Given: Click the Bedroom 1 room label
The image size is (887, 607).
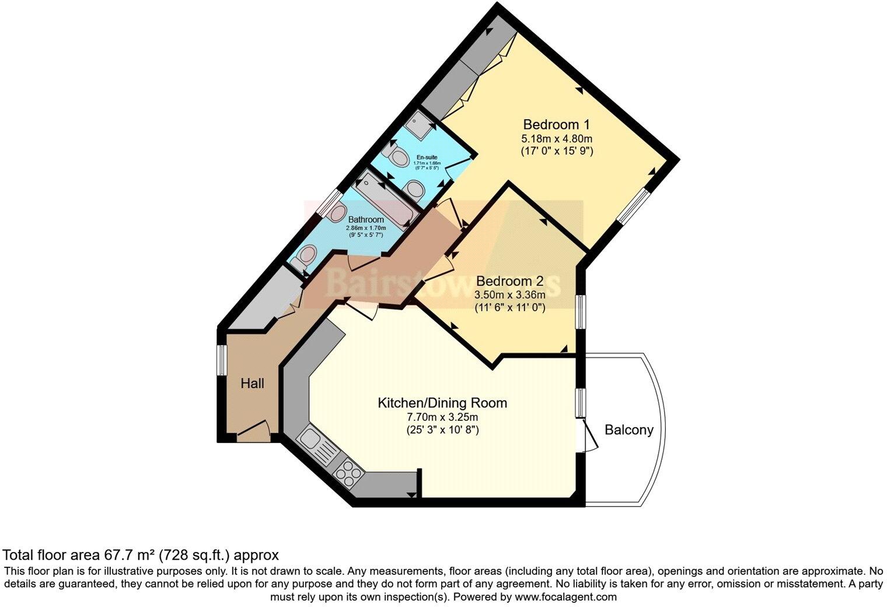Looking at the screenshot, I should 556,124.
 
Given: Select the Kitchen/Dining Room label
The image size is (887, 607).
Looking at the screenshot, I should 442,403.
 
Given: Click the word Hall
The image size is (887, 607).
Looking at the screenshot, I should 252,383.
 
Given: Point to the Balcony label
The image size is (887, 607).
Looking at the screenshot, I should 628,430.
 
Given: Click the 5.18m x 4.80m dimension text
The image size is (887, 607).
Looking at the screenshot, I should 556,139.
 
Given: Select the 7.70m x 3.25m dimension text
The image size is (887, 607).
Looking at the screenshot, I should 442,417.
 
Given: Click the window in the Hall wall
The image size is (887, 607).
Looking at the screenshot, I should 222,360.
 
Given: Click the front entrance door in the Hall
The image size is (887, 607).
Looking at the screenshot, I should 253,432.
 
